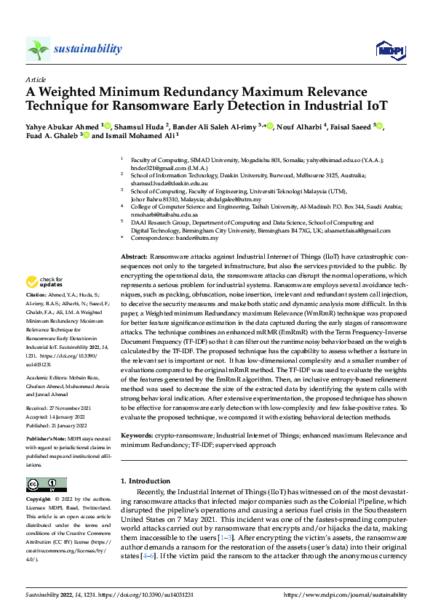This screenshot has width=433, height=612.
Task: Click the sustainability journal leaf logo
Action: tap(38, 49)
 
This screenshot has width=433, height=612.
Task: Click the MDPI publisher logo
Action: tap(389, 49)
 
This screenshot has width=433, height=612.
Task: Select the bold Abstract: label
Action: tap(133, 257)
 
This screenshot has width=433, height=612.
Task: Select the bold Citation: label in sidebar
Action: tap(38, 295)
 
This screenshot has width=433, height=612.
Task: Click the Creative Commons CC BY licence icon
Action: tap(46, 485)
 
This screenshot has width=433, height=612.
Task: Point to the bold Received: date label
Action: tap(38, 408)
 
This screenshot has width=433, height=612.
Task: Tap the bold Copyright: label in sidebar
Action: tap(40, 500)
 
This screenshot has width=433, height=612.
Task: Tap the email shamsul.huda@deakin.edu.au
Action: tap(169, 185)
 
